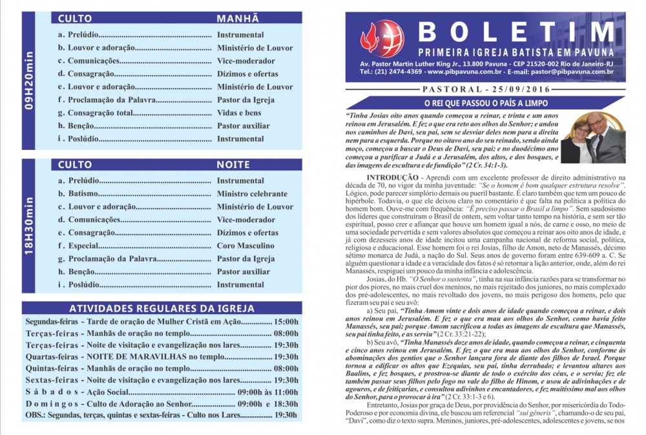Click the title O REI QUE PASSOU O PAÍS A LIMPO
pos(485,103)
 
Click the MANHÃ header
pos(238,18)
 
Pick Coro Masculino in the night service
pos(245,246)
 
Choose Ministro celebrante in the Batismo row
pos(252,194)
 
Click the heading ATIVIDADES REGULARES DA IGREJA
pos(161,308)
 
